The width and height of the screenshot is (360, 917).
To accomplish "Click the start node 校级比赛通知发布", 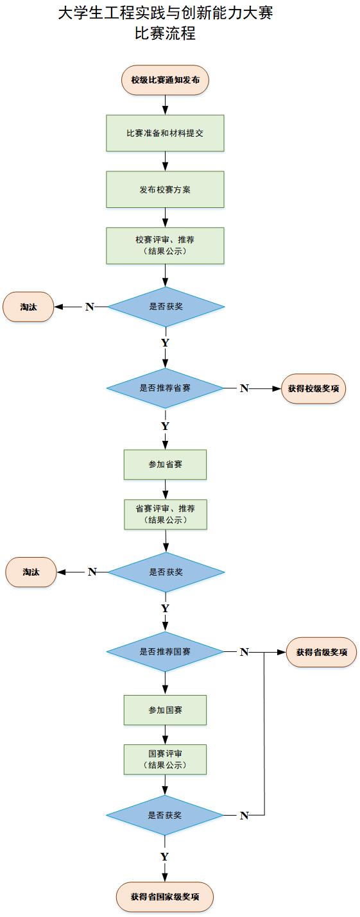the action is (165, 80).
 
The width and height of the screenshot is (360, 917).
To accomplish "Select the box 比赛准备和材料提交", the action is (165, 133).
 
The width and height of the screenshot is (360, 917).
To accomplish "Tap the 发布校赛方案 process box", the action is (165, 189).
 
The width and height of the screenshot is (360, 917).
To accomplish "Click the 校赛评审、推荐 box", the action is (165, 246).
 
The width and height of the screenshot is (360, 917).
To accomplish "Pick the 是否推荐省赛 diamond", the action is (165, 388).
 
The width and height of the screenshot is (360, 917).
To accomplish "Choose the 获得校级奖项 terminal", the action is (313, 388).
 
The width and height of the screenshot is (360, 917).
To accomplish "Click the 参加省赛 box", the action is (165, 465).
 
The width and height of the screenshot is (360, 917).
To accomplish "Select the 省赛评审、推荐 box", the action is (166, 514).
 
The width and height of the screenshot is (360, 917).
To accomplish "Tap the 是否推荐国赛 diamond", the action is (165, 652).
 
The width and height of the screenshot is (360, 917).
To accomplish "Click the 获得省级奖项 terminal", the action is (321, 652).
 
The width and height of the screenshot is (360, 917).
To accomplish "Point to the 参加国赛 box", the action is (165, 710).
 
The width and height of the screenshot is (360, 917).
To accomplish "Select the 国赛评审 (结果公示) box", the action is (165, 759).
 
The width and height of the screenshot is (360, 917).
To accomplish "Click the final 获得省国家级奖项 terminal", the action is (165, 896).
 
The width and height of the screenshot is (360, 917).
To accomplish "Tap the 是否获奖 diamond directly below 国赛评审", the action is (165, 815).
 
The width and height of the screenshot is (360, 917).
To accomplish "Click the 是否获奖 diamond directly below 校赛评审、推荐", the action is (166, 307).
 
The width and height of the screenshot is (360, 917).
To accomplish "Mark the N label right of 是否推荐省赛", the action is (244, 388).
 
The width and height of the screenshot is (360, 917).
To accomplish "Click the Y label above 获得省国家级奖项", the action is (165, 857).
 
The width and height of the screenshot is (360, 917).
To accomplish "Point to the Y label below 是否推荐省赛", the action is (165, 426).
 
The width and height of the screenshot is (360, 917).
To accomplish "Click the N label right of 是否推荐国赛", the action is (244, 652).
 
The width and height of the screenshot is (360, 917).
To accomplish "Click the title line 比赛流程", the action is (165, 33).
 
